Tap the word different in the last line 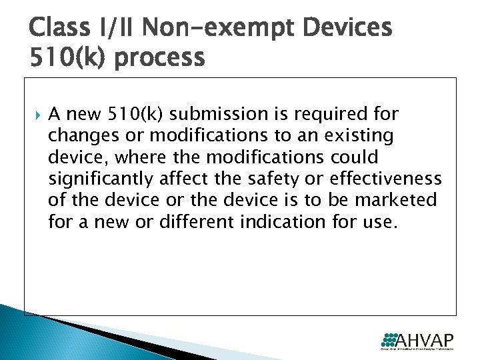[193, 221]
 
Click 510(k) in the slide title [61, 59]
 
